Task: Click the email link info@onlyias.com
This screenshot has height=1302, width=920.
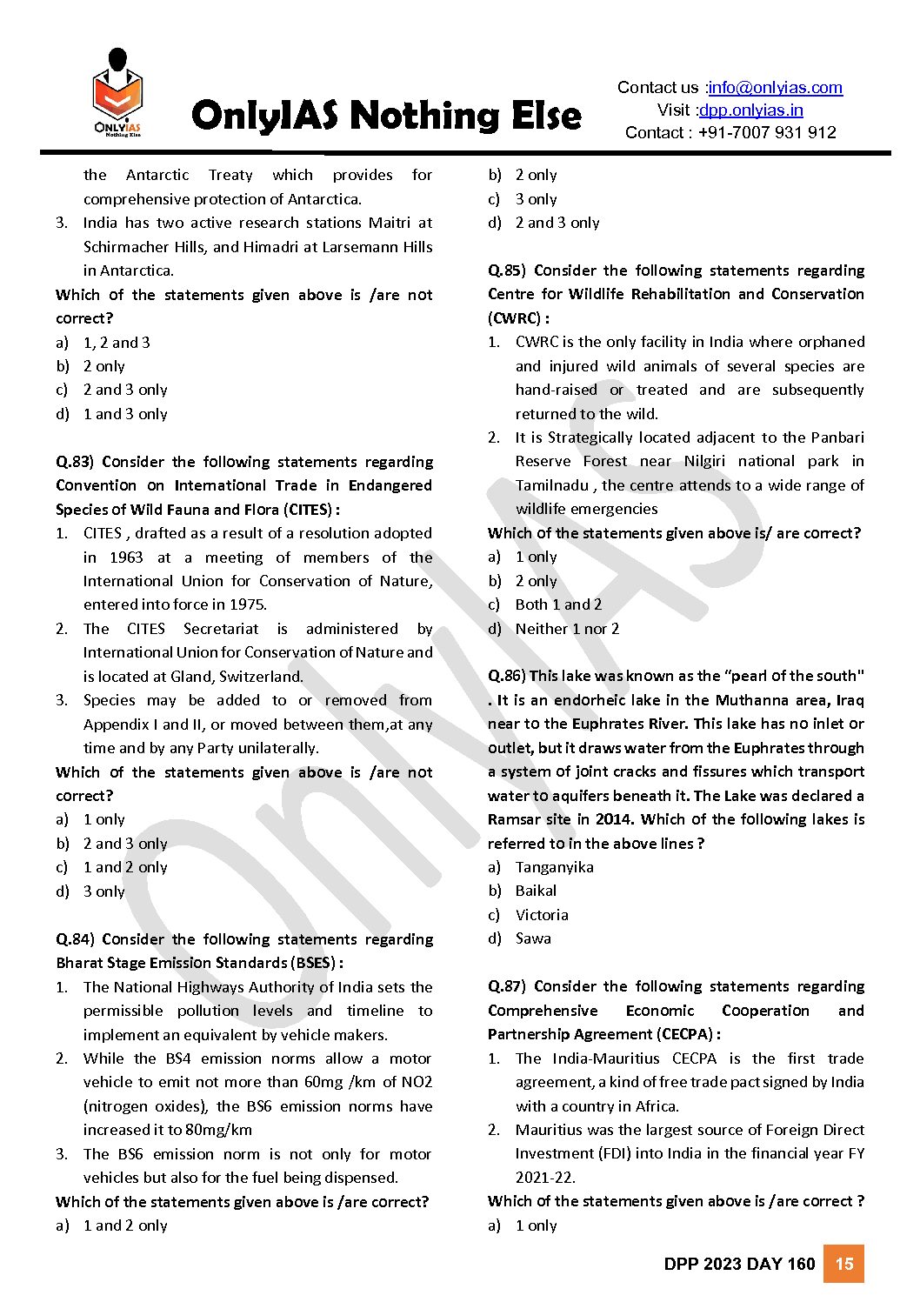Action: click(775, 88)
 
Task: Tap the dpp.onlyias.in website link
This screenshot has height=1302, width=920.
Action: click(750, 110)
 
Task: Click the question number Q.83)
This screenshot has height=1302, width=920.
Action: click(74, 462)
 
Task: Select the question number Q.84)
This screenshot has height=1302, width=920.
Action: click(74, 939)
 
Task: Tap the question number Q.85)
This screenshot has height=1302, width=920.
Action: click(506, 270)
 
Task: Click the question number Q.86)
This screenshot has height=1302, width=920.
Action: click(506, 676)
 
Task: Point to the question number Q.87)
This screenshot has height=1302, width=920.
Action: click(506, 986)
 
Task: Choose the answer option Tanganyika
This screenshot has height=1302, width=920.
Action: click(554, 867)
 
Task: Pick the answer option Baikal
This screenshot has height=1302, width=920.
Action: click(536, 891)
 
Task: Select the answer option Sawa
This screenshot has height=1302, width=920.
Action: click(533, 938)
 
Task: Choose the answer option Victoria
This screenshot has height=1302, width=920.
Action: click(541, 915)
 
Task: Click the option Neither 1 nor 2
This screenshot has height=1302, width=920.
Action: click(567, 629)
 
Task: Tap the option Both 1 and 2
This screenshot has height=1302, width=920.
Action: click(558, 604)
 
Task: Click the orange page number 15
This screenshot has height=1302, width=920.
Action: click(843, 1264)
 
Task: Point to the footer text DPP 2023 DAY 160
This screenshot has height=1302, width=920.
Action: click(739, 1265)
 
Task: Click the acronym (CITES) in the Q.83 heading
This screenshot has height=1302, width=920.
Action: click(308, 510)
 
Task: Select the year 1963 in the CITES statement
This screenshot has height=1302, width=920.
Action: click(127, 558)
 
